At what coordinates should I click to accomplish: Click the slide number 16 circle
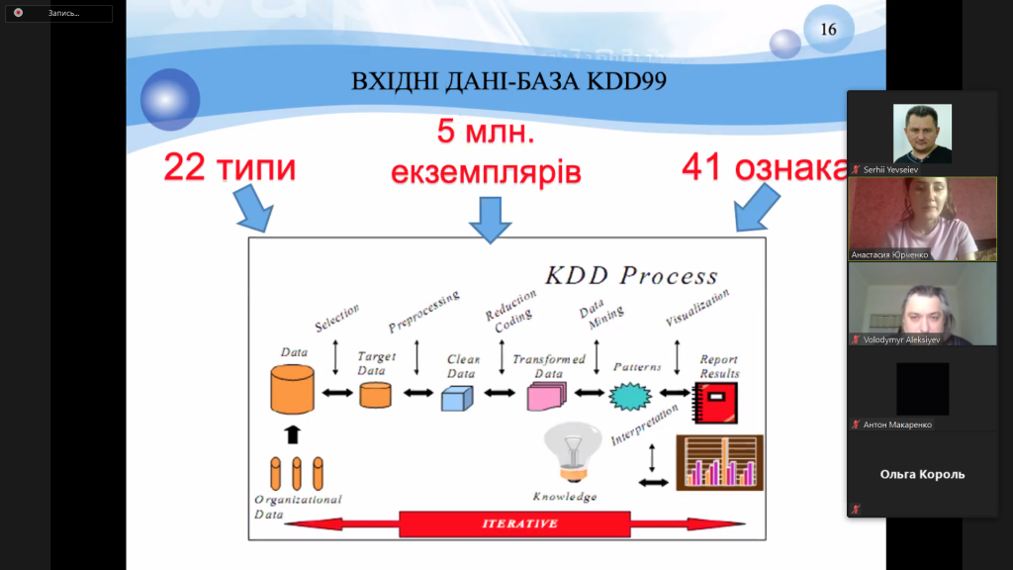click(x=828, y=30)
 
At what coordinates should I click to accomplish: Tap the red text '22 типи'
click(x=230, y=167)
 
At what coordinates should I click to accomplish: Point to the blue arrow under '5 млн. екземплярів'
click(x=491, y=218)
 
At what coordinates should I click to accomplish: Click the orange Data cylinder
click(x=292, y=389)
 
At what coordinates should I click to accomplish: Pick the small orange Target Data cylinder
click(x=376, y=395)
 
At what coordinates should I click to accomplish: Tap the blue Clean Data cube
click(x=457, y=397)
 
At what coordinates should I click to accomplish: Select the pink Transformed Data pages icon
click(x=546, y=396)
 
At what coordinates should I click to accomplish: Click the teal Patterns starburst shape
click(x=628, y=397)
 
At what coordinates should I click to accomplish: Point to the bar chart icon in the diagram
click(x=719, y=463)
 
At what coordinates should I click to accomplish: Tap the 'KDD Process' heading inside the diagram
click(x=632, y=275)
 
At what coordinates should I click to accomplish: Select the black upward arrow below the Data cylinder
click(x=291, y=433)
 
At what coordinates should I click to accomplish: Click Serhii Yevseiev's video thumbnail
click(x=922, y=134)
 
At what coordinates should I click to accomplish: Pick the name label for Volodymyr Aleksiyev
click(x=895, y=339)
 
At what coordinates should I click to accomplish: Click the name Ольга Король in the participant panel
click(x=922, y=474)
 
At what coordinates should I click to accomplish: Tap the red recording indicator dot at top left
click(x=18, y=13)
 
